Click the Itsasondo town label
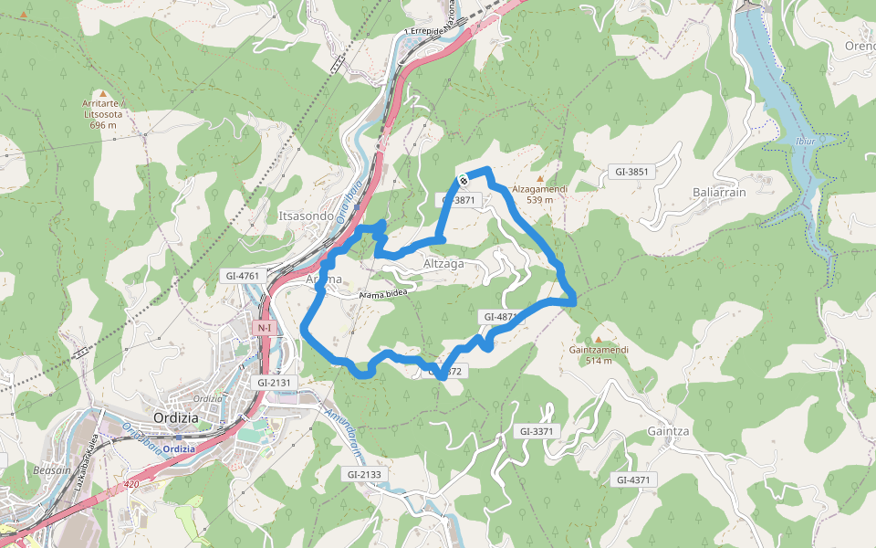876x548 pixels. [x=306, y=215]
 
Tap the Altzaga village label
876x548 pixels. [x=443, y=263]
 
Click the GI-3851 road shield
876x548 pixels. [x=631, y=172]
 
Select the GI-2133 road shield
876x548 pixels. [x=364, y=474]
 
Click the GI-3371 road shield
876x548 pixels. [x=537, y=430]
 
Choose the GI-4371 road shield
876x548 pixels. [x=633, y=479]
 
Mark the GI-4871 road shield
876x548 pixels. [x=500, y=317]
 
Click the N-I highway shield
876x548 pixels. [x=265, y=327]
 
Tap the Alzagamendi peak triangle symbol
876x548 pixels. [x=540, y=178]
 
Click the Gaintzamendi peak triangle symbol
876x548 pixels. [x=599, y=340]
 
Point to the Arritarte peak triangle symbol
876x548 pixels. [x=103, y=93]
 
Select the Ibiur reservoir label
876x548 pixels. [x=805, y=142]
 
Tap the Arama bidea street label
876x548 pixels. [x=383, y=294]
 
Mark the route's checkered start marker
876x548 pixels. [x=463, y=178]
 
